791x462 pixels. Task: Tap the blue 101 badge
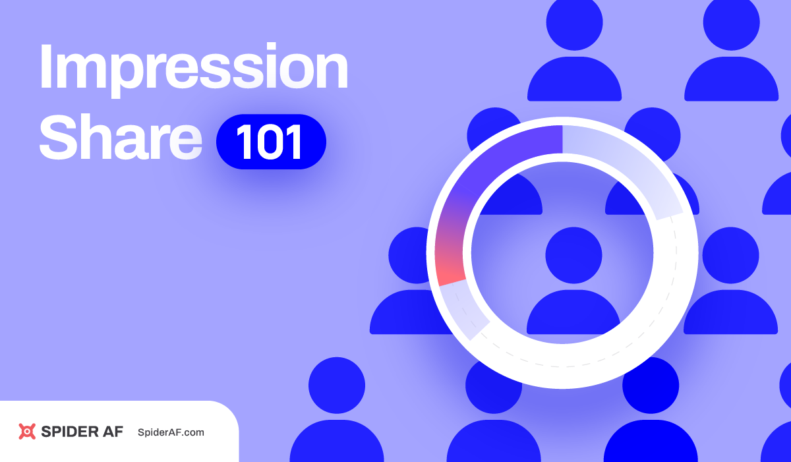[271, 142]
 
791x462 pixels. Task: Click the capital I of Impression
[45, 68]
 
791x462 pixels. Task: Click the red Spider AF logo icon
[27, 432]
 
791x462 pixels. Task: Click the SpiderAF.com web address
[171, 432]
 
